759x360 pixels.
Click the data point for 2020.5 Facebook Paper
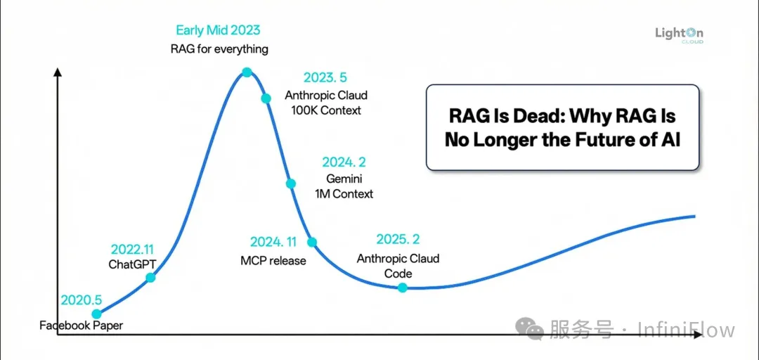click(96, 314)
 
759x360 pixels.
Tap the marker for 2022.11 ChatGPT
click(150, 278)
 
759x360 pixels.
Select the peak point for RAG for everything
click(247, 72)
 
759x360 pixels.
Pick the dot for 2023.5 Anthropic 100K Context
click(266, 98)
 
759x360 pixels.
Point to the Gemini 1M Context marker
click(290, 184)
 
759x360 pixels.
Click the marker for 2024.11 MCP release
click(312, 242)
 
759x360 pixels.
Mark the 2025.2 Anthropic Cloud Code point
click(402, 288)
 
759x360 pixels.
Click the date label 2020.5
click(82, 300)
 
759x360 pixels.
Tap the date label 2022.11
click(132, 250)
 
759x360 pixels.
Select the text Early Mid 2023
click(218, 30)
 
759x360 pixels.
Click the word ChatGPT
click(132, 264)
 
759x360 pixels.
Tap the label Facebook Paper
click(82, 326)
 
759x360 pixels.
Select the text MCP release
click(273, 261)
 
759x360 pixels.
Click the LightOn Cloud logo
click(678, 35)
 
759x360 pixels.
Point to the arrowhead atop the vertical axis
click(58, 71)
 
